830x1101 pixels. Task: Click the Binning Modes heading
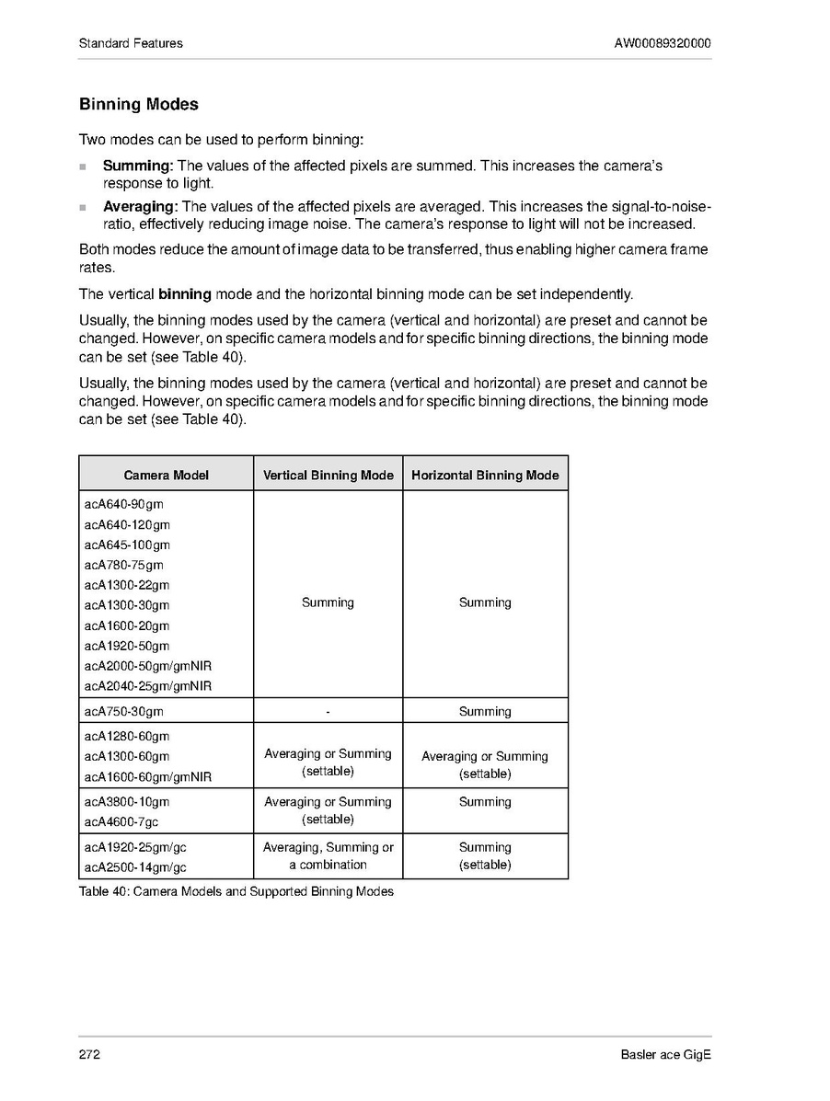(139, 105)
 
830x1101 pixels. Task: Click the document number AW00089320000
(663, 43)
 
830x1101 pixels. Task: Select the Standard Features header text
(131, 43)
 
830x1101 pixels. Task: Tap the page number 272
(89, 1054)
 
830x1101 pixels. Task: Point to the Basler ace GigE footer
(665, 1054)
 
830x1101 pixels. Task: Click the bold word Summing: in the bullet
(138, 166)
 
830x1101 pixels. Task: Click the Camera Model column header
(166, 475)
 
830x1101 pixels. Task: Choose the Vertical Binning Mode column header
(328, 475)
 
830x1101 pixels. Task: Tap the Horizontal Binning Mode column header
(485, 475)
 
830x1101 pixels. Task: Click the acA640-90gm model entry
(124, 505)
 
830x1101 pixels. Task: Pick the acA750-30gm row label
(124, 711)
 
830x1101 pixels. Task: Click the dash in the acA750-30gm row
(328, 711)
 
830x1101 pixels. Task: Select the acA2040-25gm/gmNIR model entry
(148, 686)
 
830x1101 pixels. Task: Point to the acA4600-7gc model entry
(121, 821)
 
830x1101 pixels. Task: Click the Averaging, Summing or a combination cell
(328, 855)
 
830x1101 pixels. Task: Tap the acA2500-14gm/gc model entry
(135, 867)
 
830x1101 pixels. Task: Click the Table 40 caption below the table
(236, 891)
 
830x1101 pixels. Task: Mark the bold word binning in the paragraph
(185, 294)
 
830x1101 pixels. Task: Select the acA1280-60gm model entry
(127, 736)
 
